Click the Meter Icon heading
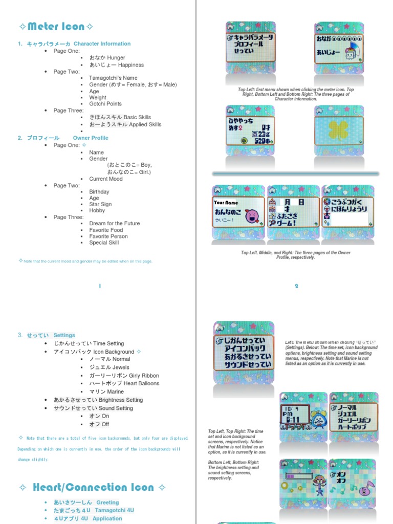click(x=56, y=26)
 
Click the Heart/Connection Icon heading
click(x=93, y=487)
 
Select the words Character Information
click(x=102, y=44)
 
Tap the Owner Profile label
click(x=91, y=138)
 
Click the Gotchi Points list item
click(x=105, y=104)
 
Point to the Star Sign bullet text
click(x=100, y=204)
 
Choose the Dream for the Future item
click(x=114, y=224)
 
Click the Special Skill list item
click(x=104, y=243)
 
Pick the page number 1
click(x=100, y=286)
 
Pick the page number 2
click(x=296, y=286)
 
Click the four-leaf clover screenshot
click(x=338, y=131)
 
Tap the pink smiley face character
click(x=252, y=216)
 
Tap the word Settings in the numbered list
click(x=64, y=335)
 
